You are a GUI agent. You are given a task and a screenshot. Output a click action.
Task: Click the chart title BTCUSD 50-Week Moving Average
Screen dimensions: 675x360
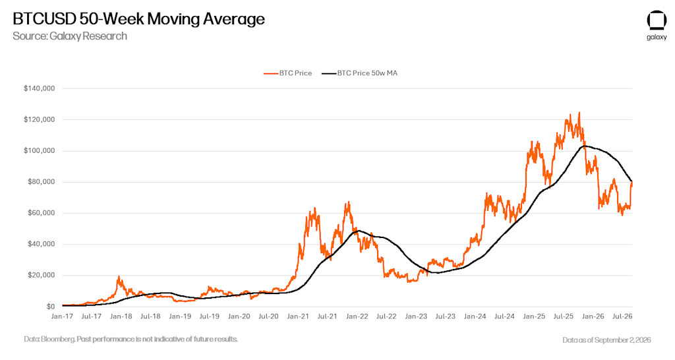tap(138, 19)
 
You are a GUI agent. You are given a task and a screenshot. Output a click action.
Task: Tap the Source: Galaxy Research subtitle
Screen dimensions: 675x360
tap(70, 36)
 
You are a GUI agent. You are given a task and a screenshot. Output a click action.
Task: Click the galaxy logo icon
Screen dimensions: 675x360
tap(657, 20)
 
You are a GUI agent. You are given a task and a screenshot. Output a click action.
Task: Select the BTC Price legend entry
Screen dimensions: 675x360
tap(287, 73)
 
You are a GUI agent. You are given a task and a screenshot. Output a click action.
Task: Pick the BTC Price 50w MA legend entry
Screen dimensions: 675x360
tap(359, 73)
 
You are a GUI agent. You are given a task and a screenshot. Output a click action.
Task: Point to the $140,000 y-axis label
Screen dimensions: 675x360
tap(39, 89)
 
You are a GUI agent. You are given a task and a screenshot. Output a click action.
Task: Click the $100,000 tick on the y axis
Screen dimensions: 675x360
tap(39, 151)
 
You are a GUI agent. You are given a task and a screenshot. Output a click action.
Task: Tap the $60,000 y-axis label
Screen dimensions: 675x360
tap(42, 213)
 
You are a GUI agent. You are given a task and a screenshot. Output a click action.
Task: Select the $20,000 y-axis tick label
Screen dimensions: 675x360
tap(42, 275)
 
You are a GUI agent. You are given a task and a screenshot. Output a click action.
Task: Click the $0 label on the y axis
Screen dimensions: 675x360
tap(51, 307)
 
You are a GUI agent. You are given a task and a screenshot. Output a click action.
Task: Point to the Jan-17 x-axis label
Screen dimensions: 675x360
tap(62, 316)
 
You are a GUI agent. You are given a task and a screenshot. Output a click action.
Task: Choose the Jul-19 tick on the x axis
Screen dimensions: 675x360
tap(209, 316)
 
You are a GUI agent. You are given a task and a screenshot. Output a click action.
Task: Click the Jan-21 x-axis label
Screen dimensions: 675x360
tap(298, 316)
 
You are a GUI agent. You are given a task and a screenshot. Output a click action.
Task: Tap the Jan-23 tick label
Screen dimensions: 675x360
tap(416, 316)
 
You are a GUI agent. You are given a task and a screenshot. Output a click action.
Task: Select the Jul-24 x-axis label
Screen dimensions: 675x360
tap(504, 316)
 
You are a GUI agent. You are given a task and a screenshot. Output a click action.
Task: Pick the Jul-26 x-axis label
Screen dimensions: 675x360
tap(622, 316)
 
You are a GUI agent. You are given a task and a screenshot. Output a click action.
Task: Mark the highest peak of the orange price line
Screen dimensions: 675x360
tap(579, 113)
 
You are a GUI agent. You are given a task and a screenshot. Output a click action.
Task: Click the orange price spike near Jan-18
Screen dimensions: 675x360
tap(119, 277)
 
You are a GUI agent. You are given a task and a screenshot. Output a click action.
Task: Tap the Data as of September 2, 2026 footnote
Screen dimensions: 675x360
tap(606, 340)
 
